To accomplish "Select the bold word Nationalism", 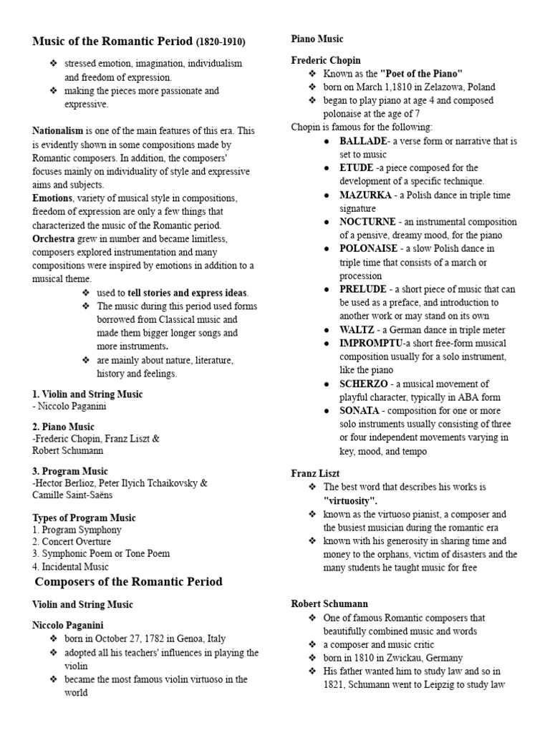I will pos(58,131).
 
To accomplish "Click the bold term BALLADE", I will pos(363,141).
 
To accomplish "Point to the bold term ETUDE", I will pos(356,168).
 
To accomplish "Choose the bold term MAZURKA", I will pos(365,195).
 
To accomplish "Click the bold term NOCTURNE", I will pos(368,222).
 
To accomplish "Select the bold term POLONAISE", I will pos(369,248).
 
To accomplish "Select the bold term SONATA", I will pos(360,410).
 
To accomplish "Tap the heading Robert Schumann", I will pos(329,604).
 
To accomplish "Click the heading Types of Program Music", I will pos(84,518).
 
